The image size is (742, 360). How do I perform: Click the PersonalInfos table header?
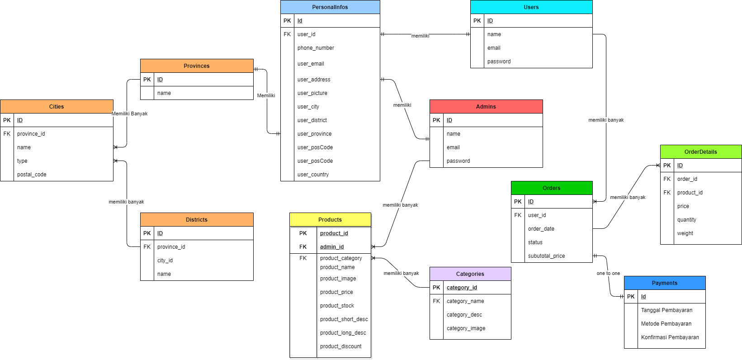pos(330,7)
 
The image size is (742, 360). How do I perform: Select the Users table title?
pos(531,7)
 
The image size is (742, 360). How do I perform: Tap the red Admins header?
pos(486,107)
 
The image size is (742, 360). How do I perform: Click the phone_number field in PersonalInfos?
pos(316,48)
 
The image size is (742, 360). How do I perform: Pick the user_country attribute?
pos(313,175)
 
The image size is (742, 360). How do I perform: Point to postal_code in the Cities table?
pos(32,175)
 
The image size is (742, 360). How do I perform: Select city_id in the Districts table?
pos(165,261)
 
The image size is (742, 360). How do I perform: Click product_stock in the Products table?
pos(337,306)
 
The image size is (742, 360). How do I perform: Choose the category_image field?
pos(466,328)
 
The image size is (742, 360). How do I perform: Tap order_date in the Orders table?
pos(541,229)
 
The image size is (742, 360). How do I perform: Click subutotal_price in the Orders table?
pos(546,256)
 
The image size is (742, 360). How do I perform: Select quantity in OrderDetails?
pos(686,220)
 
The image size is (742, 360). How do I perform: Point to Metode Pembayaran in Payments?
pos(666,324)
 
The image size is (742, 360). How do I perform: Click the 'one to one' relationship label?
pos(608,273)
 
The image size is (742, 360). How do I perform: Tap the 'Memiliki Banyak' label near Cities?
pos(130,114)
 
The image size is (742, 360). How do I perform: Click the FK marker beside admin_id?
pos(303,247)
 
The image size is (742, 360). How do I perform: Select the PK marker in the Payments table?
pos(631,297)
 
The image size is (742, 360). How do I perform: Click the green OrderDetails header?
pos(700,152)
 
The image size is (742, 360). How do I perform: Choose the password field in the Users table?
pos(499,62)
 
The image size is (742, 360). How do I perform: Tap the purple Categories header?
pos(470,274)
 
